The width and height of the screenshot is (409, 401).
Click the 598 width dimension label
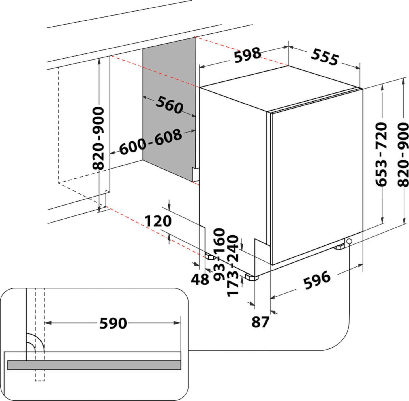pos(247,55)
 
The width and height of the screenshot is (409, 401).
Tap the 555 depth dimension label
pos(325,57)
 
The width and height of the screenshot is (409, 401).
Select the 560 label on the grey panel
pos(169,105)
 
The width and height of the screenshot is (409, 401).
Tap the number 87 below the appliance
pos(260,322)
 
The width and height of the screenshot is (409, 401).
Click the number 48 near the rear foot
pos(200,279)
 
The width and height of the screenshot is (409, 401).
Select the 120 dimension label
pos(158,221)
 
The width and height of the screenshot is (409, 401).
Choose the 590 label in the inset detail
pos(113,323)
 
